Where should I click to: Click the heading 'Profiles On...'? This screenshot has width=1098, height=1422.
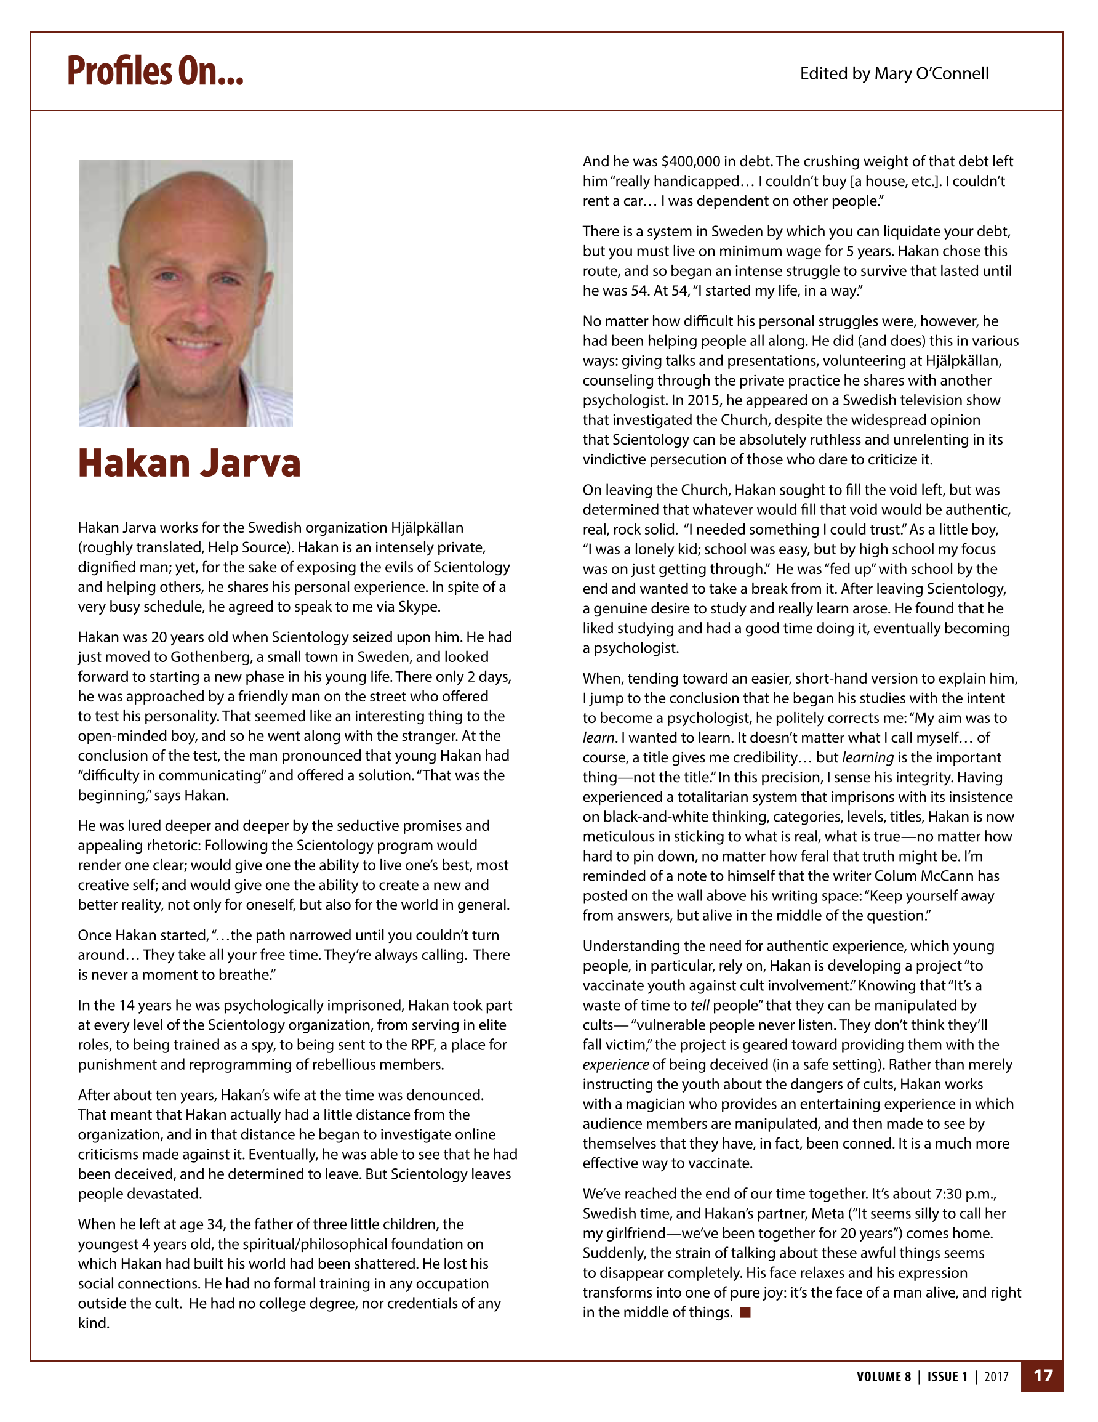(x=155, y=71)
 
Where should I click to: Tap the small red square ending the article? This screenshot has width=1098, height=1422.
(x=746, y=1312)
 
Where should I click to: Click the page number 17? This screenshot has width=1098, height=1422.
(x=1043, y=1376)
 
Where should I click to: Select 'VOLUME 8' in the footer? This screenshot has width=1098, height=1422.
(x=883, y=1377)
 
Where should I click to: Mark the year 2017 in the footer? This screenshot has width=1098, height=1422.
(x=996, y=1377)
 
